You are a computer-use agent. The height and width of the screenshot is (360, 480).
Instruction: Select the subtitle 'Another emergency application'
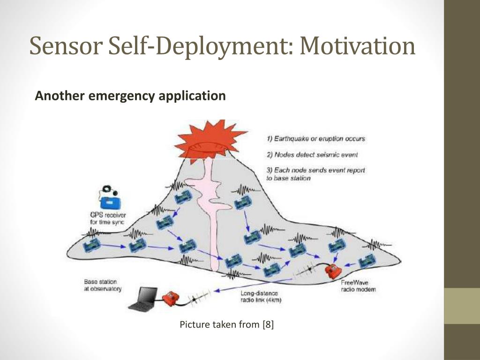point(130,96)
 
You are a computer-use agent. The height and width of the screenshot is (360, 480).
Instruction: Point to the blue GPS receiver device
point(111,200)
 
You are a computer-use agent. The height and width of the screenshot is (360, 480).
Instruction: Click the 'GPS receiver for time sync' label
point(107,218)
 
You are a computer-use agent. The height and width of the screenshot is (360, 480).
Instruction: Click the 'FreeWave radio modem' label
point(358,286)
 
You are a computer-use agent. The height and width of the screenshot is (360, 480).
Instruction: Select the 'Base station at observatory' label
point(103,285)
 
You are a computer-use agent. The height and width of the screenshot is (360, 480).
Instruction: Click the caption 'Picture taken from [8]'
point(227,324)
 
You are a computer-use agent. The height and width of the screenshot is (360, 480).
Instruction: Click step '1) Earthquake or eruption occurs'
point(316,139)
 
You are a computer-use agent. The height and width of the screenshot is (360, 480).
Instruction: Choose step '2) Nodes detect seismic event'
point(313,154)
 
